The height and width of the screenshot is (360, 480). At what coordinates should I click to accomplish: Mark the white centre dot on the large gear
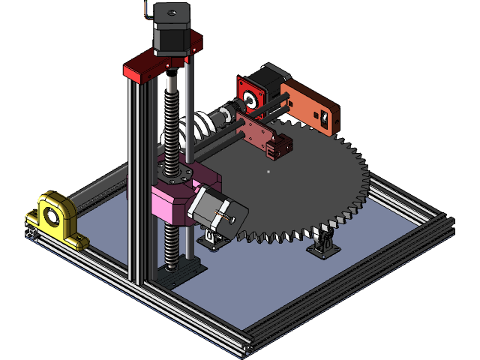point(268,172)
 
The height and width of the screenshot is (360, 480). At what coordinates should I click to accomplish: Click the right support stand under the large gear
point(324,244)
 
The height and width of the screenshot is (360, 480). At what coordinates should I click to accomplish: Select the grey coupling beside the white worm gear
point(220,117)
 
